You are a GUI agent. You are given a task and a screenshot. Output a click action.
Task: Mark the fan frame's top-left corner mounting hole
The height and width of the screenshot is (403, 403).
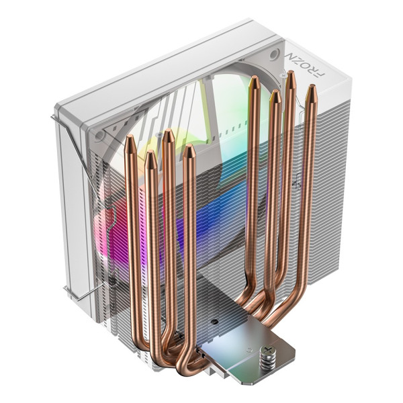(99, 135)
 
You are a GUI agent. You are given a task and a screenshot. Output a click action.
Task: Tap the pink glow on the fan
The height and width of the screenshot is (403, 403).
(111, 222)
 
